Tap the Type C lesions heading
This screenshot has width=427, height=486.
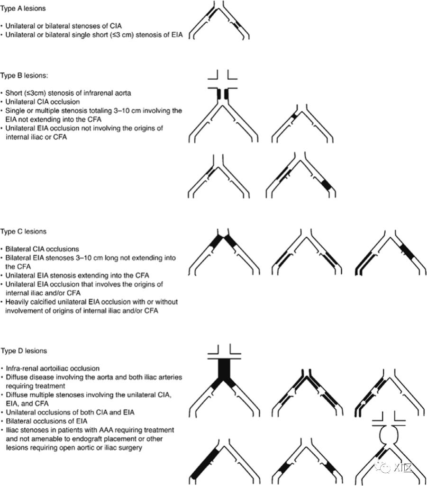[x=23, y=232]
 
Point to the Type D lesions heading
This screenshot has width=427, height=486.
[x=23, y=351]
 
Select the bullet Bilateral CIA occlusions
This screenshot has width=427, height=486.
[x=42, y=249]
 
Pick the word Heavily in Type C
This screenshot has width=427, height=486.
[x=18, y=302]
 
